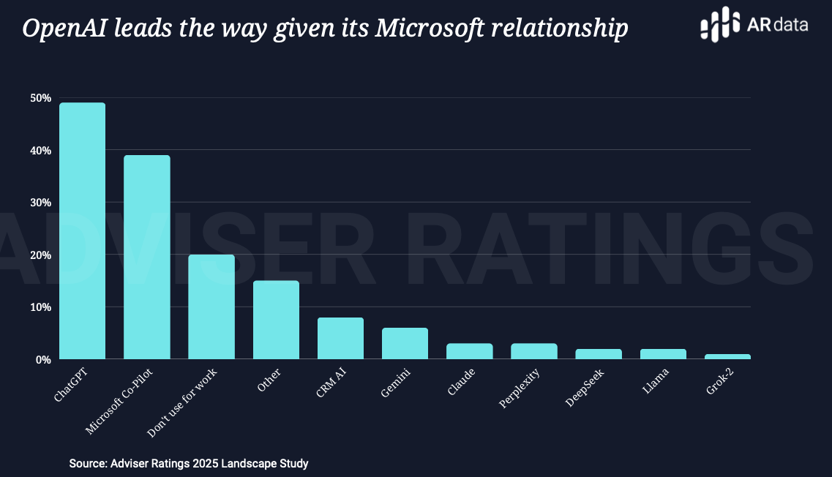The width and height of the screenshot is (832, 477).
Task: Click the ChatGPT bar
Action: tap(82, 230)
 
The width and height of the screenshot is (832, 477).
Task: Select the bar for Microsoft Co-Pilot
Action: tap(146, 257)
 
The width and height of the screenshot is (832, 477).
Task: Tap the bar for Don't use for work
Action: tap(211, 307)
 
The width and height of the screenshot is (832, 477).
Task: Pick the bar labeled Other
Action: tap(276, 320)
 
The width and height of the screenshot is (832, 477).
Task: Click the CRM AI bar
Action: tap(340, 338)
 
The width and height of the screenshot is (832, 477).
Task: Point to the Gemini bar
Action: tap(405, 343)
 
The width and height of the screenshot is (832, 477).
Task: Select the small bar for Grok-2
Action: tap(727, 356)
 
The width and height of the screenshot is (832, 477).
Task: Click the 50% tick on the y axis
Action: tap(40, 98)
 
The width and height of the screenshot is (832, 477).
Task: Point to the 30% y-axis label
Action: tap(40, 203)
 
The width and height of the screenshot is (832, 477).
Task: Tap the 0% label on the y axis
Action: tap(42, 359)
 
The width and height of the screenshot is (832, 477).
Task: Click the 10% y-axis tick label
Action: tap(40, 307)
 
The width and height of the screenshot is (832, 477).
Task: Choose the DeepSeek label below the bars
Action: tap(585, 388)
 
